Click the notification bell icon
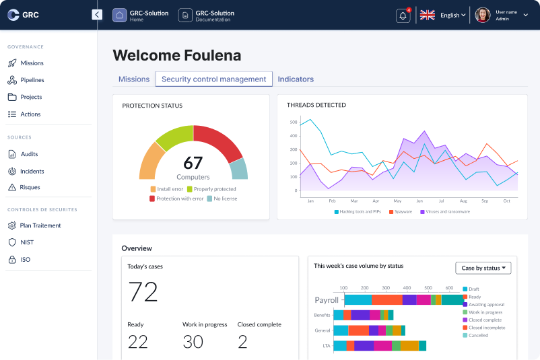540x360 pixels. [x=403, y=15]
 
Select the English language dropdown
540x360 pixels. [x=452, y=15]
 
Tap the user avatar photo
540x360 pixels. [x=482, y=15]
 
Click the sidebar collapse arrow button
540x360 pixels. [x=97, y=15]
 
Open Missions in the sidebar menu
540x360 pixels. [x=32, y=63]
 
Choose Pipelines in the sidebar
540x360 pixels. [x=32, y=80]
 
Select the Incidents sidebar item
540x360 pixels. [x=32, y=171]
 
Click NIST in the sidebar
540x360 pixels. [x=27, y=242]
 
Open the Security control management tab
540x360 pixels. [x=213, y=79]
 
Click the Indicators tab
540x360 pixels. [x=296, y=79]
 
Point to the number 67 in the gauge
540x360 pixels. [x=193, y=163]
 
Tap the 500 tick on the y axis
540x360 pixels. [x=293, y=122]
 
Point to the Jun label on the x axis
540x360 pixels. [x=419, y=201]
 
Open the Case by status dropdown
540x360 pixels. [x=483, y=268]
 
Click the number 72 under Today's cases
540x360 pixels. [x=143, y=292]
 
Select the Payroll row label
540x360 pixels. [x=327, y=300]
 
